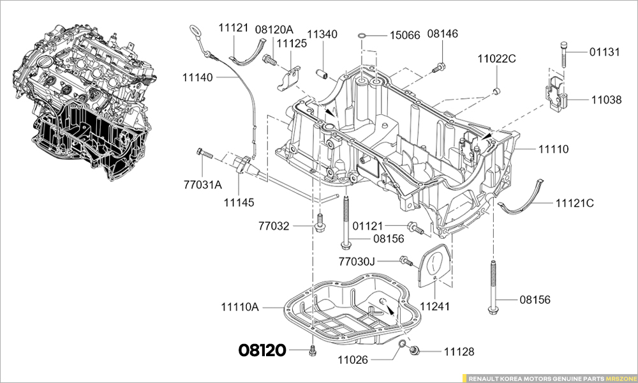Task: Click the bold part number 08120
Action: (263, 350)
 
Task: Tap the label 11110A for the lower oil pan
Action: (240, 308)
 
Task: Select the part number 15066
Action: (405, 35)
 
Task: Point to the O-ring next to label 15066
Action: (362, 34)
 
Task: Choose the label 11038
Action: (606, 100)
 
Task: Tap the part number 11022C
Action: (496, 59)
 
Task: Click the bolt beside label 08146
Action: (440, 66)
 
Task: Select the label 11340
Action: (322, 34)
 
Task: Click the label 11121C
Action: (574, 203)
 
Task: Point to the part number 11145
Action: (239, 202)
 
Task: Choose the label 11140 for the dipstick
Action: (198, 77)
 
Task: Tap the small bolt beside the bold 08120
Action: (312, 350)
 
